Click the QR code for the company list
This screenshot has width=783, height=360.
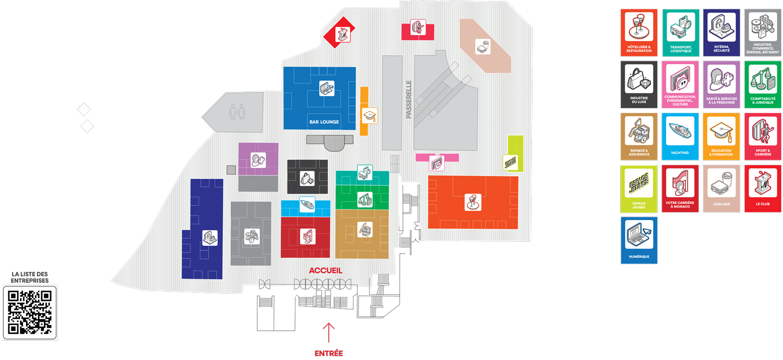coord(30,311)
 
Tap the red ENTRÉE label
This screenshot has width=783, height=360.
coord(329,353)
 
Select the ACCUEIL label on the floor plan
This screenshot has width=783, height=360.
coord(326,270)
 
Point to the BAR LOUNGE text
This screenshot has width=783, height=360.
coord(324,122)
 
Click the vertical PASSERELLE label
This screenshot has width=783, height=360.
coord(409,99)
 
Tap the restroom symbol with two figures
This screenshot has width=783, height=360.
coord(237,112)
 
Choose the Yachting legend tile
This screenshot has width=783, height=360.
coord(680,136)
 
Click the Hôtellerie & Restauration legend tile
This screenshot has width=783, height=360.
coord(639,32)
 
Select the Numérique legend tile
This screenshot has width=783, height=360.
coord(639,240)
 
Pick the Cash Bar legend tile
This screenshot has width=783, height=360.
coord(721,188)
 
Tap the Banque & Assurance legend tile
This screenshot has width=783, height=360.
coord(639,136)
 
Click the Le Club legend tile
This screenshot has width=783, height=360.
coord(763,188)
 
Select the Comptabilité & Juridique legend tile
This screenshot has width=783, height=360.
coord(763,85)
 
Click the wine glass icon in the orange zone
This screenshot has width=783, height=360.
coord(473,202)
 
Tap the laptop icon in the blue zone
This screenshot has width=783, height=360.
coord(327,88)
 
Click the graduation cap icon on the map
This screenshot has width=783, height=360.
coord(370,115)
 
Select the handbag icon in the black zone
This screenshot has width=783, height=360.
coord(307,177)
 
